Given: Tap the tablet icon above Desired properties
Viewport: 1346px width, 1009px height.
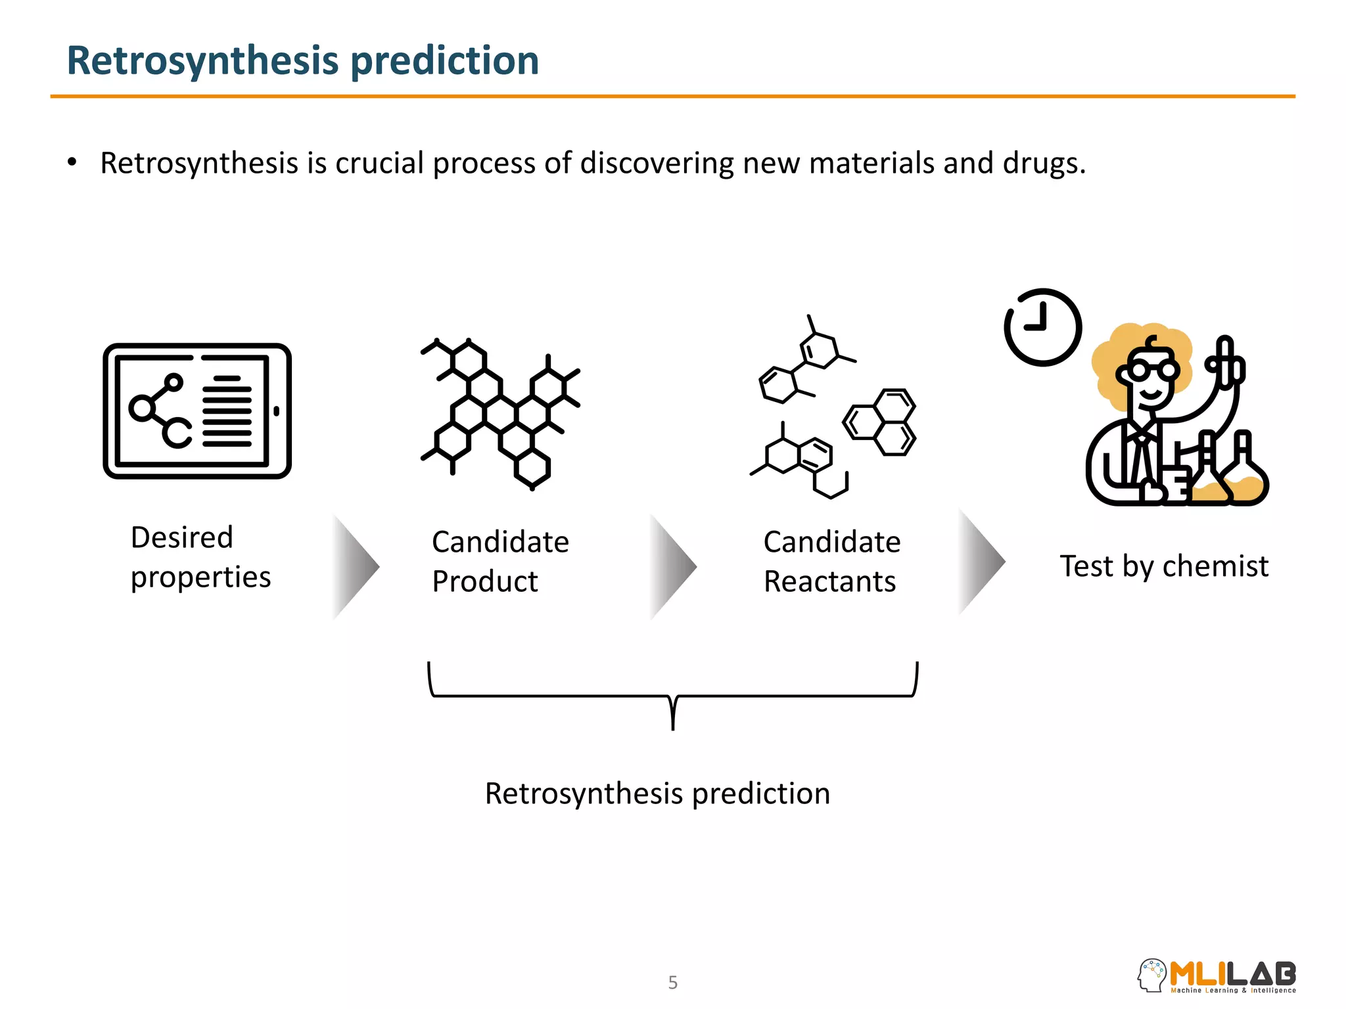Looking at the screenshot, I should pos(197,411).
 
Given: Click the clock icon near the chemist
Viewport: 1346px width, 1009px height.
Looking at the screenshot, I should pos(1042,327).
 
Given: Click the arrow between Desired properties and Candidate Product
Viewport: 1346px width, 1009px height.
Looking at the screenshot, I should pos(355,566).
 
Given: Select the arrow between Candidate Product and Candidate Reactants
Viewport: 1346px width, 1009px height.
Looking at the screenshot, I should pos(672,566).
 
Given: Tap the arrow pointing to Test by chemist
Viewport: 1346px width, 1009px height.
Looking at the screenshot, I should pos(981,562).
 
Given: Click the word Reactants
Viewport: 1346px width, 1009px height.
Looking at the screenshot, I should pos(829,582).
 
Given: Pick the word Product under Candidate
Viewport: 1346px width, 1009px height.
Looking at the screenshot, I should pos(485,582).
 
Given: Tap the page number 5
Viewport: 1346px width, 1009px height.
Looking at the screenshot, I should pos(672,982).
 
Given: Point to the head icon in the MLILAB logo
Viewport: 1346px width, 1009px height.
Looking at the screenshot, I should pos(1151,975).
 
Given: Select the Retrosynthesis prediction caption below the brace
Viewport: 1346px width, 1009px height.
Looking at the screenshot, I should pos(657,794).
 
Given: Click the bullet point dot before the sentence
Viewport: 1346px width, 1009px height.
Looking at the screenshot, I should pos(72,162).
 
